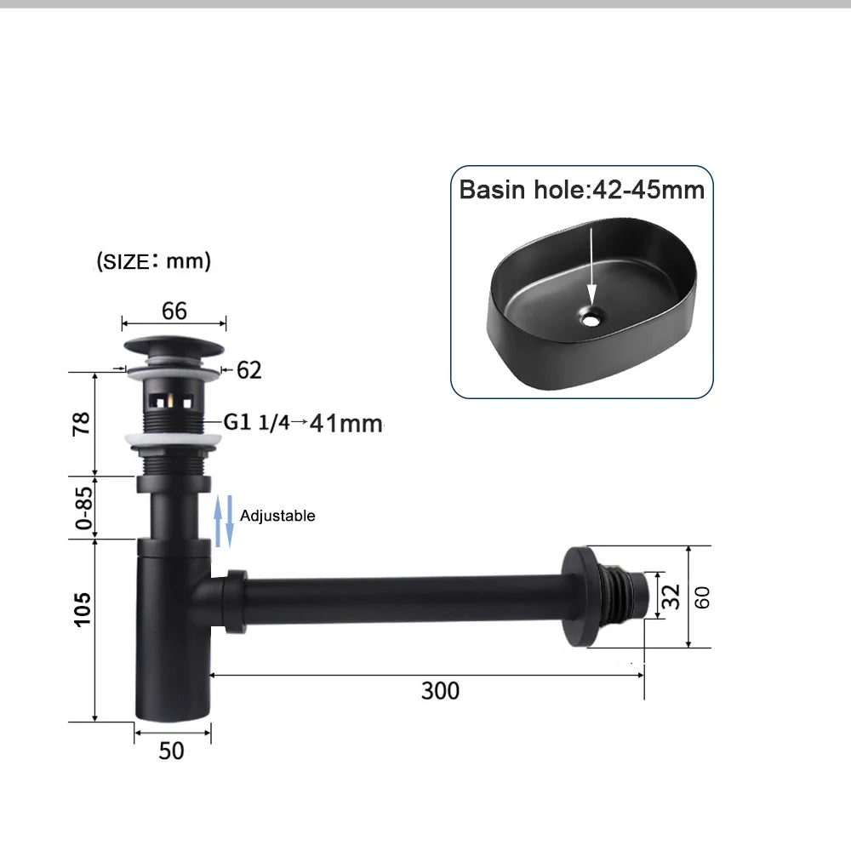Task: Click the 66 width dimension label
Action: click(174, 311)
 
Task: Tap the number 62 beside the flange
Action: click(248, 370)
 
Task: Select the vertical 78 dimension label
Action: click(82, 423)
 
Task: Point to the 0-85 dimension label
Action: click(82, 507)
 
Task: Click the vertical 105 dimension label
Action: click(82, 609)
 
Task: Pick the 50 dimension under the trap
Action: click(172, 751)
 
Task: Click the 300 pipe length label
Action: click(440, 689)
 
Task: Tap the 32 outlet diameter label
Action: click(672, 596)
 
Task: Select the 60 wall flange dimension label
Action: click(702, 597)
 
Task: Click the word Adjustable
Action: click(277, 516)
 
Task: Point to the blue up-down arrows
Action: click(223, 522)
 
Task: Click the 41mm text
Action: click(346, 422)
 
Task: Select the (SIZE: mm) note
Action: click(153, 261)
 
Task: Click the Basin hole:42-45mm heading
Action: click(582, 189)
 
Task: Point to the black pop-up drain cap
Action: click(174, 348)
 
